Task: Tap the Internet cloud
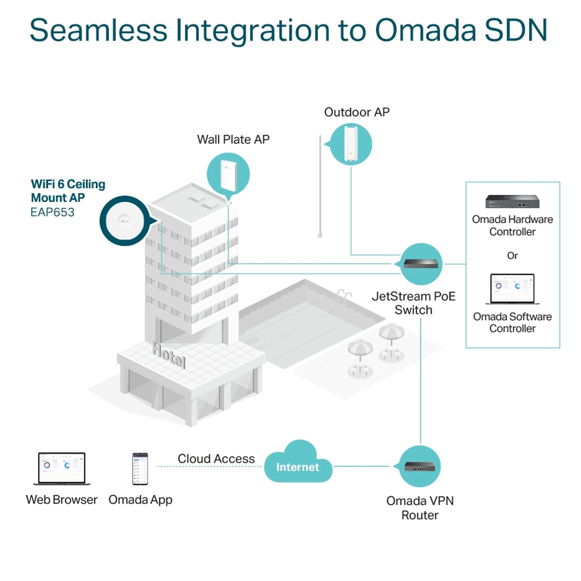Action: click(298, 461)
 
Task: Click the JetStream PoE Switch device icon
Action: click(421, 263)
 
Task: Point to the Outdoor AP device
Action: click(351, 144)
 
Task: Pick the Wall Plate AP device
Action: click(228, 175)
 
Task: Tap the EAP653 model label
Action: click(52, 212)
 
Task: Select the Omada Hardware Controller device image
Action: click(512, 201)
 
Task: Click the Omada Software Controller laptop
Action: click(512, 289)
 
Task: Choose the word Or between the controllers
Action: click(512, 256)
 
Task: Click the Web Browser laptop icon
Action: click(61, 469)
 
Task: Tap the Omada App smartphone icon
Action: click(140, 469)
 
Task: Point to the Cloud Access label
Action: click(216, 459)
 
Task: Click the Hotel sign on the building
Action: click(168, 355)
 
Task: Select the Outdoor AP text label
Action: click(357, 112)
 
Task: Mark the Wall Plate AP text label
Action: click(233, 139)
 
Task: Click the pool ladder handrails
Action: click(344, 296)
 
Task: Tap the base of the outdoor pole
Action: click(320, 235)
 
